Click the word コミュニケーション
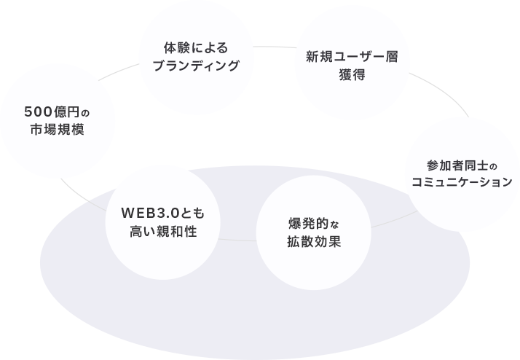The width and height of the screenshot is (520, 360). click(x=462, y=181)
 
